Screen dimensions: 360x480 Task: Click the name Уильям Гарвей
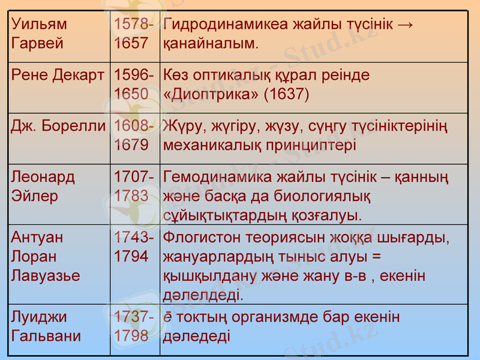click(x=40, y=34)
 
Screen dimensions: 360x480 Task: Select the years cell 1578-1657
click(x=134, y=34)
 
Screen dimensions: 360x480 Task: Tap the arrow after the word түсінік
click(x=406, y=25)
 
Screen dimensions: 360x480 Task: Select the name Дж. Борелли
click(x=58, y=127)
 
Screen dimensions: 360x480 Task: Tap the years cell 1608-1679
click(x=134, y=136)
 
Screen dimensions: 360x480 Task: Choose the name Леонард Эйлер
click(x=43, y=187)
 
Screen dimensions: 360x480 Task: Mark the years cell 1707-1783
click(x=134, y=187)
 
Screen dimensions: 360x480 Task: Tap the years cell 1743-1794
click(x=134, y=247)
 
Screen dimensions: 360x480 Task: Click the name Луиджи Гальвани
click(x=46, y=326)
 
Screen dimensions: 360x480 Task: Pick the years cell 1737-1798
click(x=134, y=326)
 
